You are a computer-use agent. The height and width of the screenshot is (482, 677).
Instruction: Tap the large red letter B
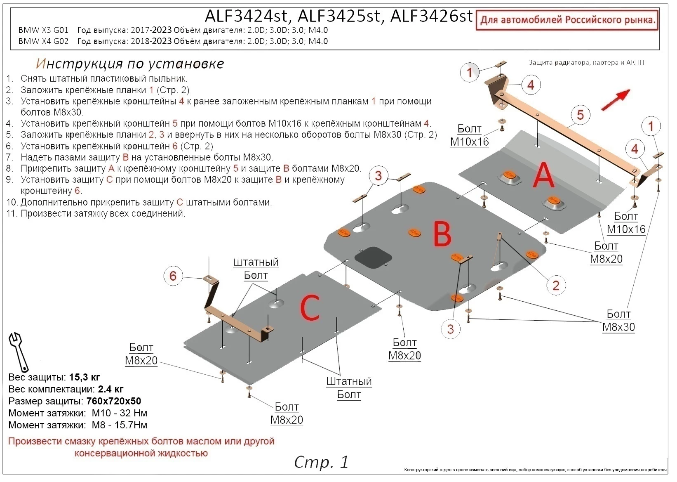[442, 234]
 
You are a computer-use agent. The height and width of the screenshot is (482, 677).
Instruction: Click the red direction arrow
[616, 100]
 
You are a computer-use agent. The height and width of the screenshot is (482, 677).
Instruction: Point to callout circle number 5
[580, 115]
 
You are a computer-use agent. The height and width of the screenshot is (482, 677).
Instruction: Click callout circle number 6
[173, 276]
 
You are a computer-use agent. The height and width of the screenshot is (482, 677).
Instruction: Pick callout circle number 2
[556, 285]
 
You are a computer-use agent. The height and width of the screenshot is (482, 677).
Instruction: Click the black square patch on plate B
[373, 257]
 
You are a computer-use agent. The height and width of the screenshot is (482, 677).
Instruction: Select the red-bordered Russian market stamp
[567, 20]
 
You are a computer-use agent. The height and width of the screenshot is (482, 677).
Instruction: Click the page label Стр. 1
[321, 462]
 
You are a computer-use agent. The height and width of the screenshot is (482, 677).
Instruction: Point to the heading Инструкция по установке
[130, 64]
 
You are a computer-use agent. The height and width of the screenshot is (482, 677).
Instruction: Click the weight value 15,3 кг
[85, 377]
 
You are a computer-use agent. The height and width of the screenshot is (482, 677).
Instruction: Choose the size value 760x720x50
[113, 401]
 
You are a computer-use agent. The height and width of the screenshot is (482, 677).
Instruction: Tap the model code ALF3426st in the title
[431, 17]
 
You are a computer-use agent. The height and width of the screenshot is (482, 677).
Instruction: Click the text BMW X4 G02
[44, 41]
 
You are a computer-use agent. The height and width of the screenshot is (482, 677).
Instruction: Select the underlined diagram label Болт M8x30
[618, 321]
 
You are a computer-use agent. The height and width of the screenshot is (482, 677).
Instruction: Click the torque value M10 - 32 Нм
[120, 413]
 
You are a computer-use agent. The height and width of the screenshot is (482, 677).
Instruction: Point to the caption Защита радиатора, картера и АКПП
[586, 63]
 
